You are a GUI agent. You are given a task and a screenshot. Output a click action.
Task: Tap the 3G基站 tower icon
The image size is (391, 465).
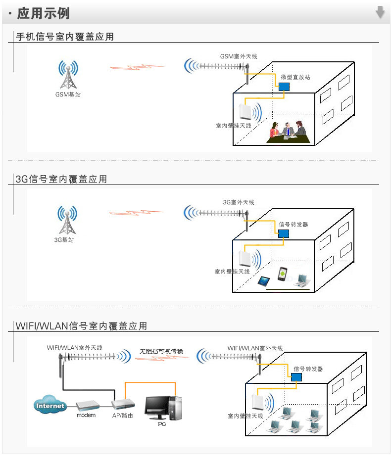tap(67, 220)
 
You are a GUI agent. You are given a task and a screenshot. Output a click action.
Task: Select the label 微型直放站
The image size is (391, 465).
tap(295, 77)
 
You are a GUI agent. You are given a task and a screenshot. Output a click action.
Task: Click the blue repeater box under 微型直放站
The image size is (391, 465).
tap(284, 87)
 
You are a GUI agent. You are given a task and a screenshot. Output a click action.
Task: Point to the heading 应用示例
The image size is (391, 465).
tap(44, 13)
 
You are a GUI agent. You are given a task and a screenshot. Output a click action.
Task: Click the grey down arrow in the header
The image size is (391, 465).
tap(380, 12)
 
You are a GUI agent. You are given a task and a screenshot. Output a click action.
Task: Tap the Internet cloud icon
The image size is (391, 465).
tap(49, 404)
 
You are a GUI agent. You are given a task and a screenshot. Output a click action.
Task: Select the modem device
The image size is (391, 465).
tap(87, 405)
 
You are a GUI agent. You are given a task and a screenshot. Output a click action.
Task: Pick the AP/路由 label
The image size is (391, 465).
tap(122, 416)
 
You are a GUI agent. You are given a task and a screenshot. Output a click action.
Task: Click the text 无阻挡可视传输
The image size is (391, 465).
tap(161, 351)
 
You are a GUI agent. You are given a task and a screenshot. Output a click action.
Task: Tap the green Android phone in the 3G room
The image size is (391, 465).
tap(283, 274)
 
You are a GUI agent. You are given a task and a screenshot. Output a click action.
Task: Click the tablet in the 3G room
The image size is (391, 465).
tap(264, 281)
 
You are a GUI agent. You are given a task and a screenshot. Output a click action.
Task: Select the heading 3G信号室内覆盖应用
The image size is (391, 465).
tap(61, 179)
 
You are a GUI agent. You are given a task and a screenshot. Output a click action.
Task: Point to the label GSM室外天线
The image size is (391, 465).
tap(239, 56)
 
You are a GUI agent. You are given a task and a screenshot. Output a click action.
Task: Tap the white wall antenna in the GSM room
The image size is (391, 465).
tap(245, 112)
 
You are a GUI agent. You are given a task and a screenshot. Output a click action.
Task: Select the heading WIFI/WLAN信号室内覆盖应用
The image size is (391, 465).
tap(81, 326)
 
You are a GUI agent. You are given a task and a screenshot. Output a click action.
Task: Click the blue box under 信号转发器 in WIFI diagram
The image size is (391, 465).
tap(296, 377)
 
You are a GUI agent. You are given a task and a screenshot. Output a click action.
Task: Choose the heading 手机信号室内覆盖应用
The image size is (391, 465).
tap(65, 37)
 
